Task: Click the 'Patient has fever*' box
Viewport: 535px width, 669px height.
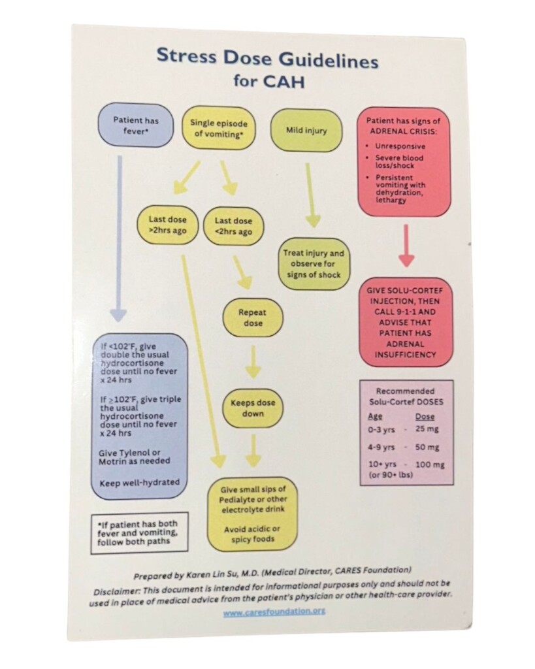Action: pyautogui.click(x=135, y=126)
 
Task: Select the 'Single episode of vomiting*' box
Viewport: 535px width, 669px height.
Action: pyautogui.click(x=219, y=128)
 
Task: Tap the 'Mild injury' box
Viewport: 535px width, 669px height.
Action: pyautogui.click(x=306, y=130)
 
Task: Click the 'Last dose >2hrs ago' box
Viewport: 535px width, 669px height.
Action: pyautogui.click(x=168, y=225)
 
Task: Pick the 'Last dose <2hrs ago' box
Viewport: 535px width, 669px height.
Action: pyautogui.click(x=233, y=227)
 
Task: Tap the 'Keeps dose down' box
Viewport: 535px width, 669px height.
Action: pyautogui.click(x=253, y=408)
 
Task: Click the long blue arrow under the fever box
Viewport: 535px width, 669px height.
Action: pyautogui.click(x=118, y=235)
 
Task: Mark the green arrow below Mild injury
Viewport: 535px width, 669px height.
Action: pyautogui.click(x=311, y=193)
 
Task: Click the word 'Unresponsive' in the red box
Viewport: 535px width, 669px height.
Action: pyautogui.click(x=400, y=146)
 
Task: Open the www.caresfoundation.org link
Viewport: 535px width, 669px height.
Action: pyautogui.click(x=274, y=612)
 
